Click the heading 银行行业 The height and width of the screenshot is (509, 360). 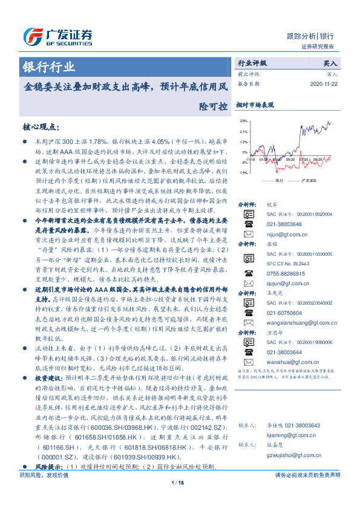point(49,67)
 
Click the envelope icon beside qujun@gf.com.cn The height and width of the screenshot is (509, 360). point(249,283)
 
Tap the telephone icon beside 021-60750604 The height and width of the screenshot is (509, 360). point(249,313)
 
